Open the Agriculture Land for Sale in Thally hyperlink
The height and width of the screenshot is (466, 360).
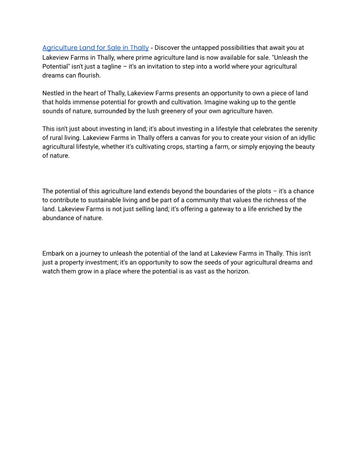(x=95, y=48)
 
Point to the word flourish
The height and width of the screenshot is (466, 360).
(x=88, y=75)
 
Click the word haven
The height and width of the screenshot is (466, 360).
(x=264, y=111)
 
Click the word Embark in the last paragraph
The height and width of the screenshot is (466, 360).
(x=53, y=254)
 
